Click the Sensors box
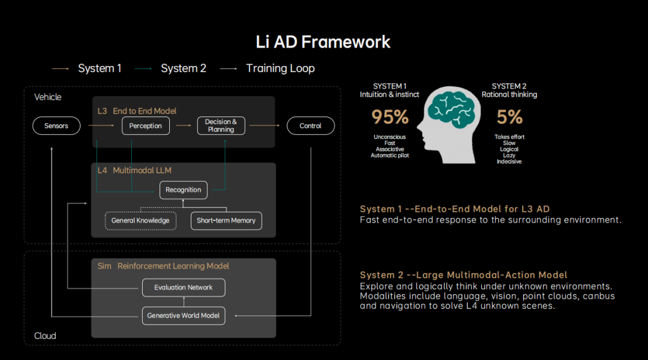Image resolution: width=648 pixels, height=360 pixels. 56,126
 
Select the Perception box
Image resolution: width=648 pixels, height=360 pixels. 146,126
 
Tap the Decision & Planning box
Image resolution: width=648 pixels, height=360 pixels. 221,125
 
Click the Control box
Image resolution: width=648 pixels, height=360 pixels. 310,126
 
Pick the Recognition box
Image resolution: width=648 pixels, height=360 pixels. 184,190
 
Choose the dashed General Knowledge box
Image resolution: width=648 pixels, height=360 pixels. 140,221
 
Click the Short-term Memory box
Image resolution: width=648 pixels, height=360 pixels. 226,221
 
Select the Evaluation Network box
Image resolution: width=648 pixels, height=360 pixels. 184,287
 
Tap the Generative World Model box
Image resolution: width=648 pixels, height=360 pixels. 184,316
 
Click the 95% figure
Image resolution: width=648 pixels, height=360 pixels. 389,117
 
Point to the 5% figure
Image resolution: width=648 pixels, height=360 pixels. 509,117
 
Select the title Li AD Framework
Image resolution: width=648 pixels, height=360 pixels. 323,42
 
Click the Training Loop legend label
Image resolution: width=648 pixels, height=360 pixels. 280,68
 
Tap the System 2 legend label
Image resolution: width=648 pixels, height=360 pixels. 183,68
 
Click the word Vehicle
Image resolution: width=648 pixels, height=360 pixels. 48,97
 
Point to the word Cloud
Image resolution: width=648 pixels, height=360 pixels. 45,336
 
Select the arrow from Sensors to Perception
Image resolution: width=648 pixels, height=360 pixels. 101,126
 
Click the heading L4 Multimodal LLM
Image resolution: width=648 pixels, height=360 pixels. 134,170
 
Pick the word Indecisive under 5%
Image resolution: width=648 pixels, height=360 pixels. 509,161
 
